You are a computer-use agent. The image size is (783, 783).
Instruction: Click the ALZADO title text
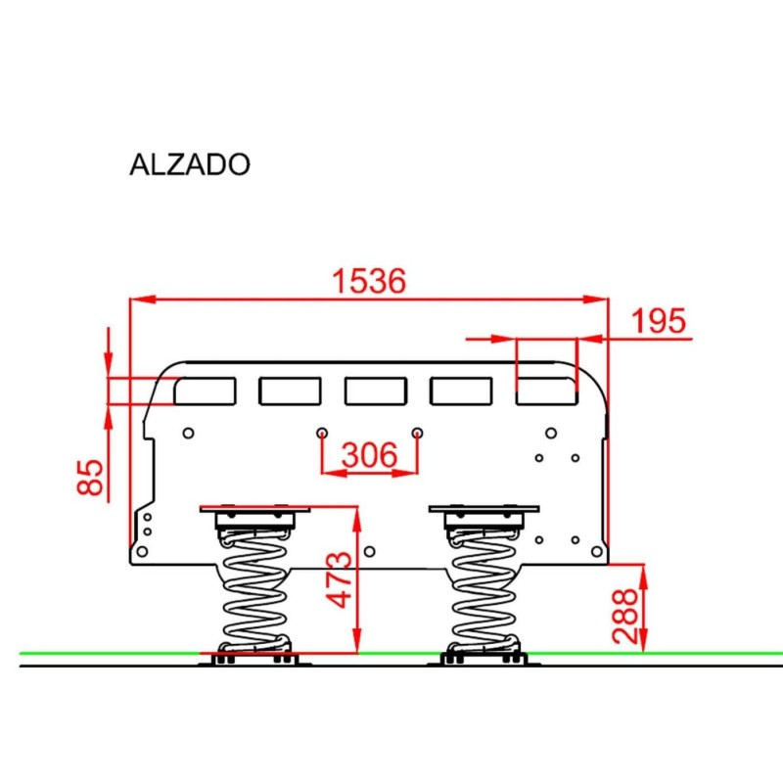pos(190,164)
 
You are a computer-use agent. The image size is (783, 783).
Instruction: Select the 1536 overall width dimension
pos(369,281)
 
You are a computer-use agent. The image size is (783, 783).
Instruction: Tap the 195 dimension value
pos(659,321)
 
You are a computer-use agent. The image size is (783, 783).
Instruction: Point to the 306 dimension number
pos(370,455)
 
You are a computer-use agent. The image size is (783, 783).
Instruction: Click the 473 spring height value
pos(339,579)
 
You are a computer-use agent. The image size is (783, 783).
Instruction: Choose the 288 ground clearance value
pos(625,617)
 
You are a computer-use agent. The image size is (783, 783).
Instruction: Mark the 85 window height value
pos(90,477)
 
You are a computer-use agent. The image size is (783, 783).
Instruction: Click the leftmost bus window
pos(205,391)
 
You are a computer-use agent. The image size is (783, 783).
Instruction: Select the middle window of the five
pos(376,391)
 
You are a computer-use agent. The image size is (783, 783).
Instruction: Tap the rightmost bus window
pos(547,391)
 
